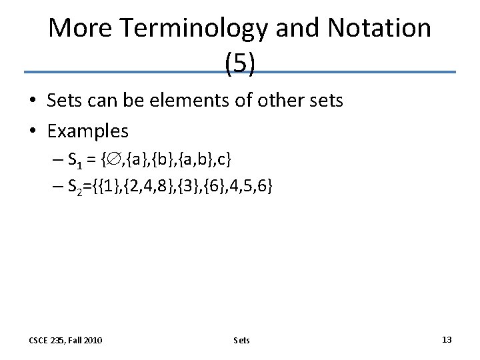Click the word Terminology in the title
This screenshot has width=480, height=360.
190,28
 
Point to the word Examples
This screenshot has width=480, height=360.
88,131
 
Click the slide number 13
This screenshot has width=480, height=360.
447,340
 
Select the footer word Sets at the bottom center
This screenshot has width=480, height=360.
242,341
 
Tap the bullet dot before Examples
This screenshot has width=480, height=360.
33,131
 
